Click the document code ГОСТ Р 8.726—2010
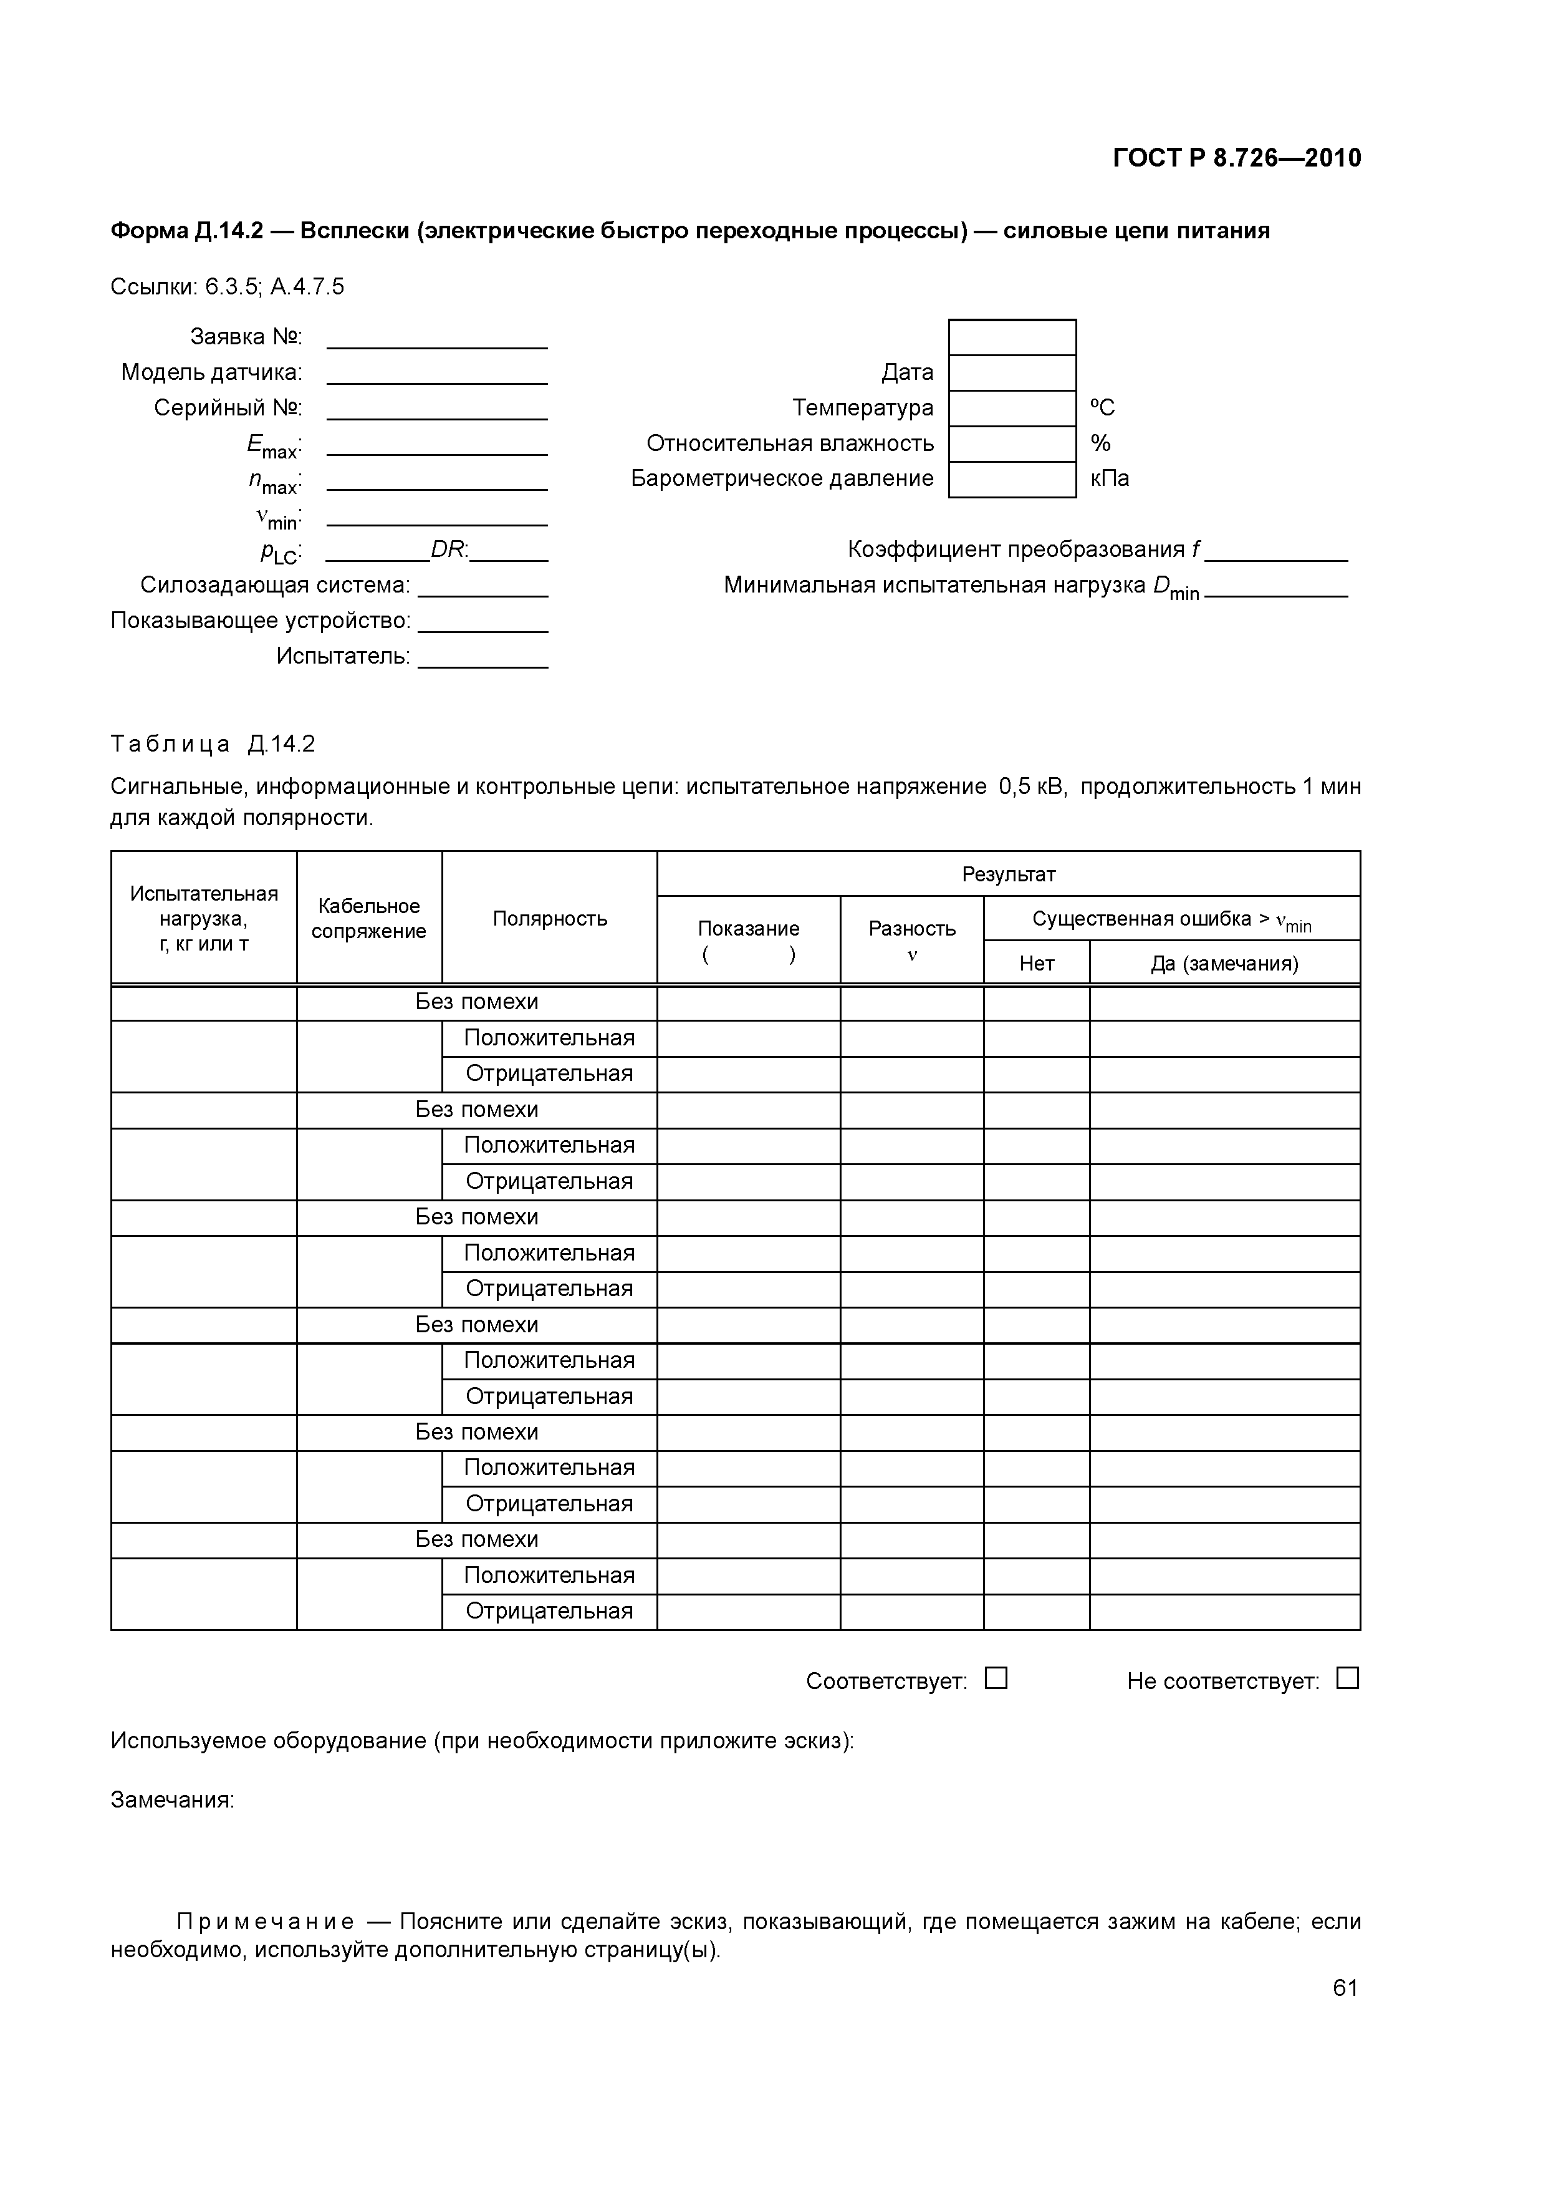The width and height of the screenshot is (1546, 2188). (1236, 158)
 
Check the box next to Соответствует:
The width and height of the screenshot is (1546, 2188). (996, 1678)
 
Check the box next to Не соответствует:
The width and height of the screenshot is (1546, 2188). (1347, 1678)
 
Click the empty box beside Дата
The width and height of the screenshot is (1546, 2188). (1012, 372)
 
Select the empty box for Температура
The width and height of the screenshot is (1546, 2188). (1012, 408)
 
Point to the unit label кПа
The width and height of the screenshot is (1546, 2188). (1110, 478)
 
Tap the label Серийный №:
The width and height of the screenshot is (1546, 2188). (228, 408)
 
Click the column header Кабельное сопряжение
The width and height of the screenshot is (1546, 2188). (368, 919)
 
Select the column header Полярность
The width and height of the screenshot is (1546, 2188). (550, 919)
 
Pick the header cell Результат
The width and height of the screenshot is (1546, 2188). (1008, 874)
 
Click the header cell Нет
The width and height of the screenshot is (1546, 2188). (1037, 964)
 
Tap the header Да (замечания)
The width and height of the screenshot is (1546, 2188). (1224, 964)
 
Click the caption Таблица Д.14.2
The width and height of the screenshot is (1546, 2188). (213, 743)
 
